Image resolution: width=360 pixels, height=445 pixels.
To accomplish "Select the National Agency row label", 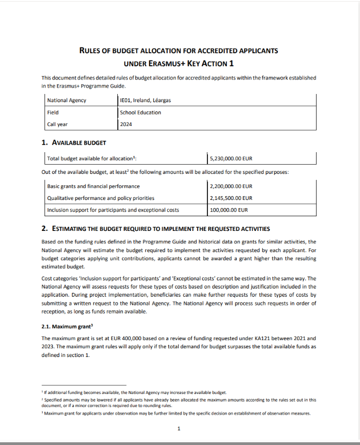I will [67, 101].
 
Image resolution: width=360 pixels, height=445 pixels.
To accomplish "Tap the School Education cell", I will [140, 112].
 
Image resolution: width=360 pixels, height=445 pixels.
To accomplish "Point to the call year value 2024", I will [126, 124].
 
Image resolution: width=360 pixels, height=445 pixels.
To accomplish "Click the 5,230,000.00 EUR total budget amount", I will [231, 159].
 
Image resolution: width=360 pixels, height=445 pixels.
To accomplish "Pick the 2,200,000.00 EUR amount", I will [231, 186].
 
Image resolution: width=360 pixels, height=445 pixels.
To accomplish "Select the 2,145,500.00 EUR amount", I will [231, 198].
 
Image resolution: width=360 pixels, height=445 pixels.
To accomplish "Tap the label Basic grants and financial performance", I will [93, 186].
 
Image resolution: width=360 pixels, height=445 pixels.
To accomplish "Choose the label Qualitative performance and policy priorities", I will [100, 198].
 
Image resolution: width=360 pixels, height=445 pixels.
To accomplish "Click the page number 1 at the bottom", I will [179, 429].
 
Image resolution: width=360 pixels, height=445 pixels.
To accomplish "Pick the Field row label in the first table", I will [53, 112].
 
